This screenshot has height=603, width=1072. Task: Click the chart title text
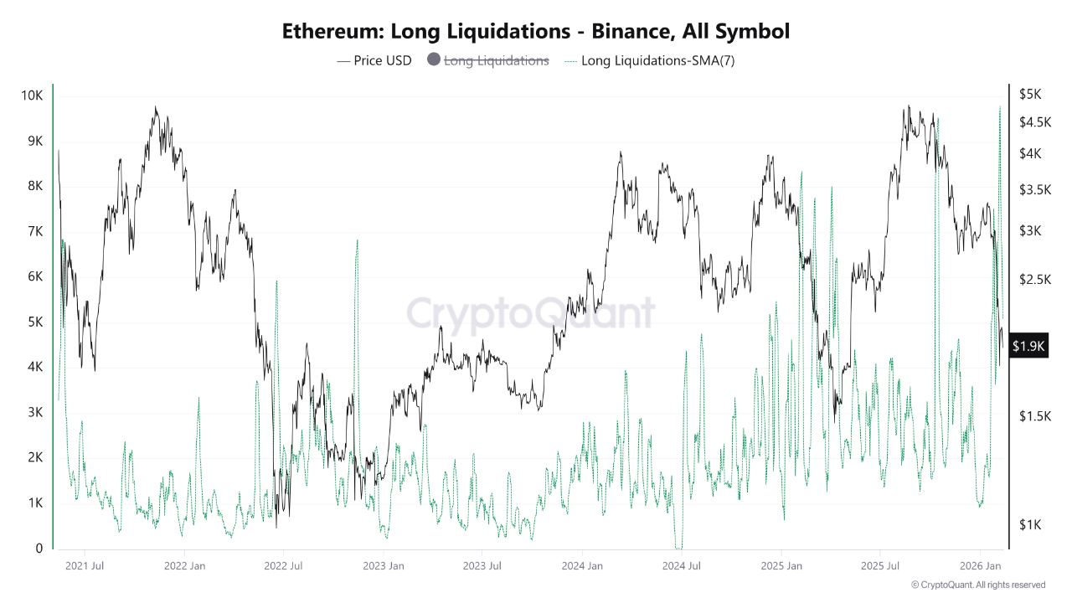click(536, 32)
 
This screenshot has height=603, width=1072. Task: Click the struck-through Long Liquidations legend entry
click(496, 60)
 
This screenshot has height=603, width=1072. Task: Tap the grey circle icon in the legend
click(434, 60)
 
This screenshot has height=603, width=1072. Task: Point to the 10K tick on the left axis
click(33, 95)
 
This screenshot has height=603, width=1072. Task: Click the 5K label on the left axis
click(35, 322)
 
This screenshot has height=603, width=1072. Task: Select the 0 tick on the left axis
click(39, 549)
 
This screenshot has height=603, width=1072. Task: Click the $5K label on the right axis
click(1029, 94)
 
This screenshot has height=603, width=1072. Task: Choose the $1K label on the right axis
click(1029, 525)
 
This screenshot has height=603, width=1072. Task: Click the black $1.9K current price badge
click(1029, 345)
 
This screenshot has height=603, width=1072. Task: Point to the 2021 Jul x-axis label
click(85, 566)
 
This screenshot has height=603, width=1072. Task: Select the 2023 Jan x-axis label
click(384, 566)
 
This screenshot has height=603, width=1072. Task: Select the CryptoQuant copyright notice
click(978, 585)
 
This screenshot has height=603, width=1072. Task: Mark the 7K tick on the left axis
click(35, 231)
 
